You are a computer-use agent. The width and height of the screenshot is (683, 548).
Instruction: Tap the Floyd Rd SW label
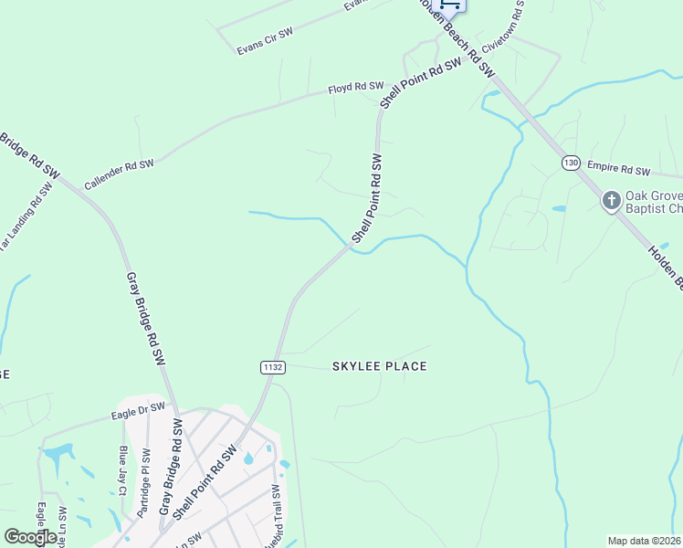355,88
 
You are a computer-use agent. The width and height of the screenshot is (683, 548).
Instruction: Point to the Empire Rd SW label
618,169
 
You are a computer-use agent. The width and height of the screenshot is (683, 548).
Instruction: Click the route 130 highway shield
571,163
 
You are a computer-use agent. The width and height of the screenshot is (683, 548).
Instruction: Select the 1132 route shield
273,367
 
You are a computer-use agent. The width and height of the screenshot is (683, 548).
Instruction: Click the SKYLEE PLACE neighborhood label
379,366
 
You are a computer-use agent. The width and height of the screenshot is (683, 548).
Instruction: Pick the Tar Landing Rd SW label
22,216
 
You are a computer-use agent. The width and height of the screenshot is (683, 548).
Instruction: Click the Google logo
30,537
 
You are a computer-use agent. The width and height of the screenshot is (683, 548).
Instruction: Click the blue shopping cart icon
447,4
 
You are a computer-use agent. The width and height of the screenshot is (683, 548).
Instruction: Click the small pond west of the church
559,208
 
